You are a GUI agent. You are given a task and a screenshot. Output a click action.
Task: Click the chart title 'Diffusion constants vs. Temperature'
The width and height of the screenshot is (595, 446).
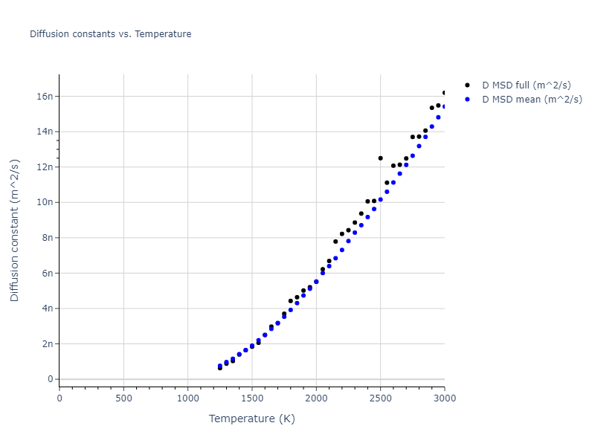(110, 34)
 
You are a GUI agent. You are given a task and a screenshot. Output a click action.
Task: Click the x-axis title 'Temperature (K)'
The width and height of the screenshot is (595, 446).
(251, 419)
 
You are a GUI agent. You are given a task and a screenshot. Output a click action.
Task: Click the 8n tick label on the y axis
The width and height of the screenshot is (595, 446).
(46, 238)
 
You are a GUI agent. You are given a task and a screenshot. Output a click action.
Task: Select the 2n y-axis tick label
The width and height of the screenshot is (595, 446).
(46, 344)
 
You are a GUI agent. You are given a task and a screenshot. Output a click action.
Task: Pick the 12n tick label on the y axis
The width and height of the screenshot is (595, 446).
(44, 167)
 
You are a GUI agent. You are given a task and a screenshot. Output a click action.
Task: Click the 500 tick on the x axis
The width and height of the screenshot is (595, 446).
(123, 398)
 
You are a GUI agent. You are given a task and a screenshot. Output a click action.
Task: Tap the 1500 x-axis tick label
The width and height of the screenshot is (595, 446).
(251, 398)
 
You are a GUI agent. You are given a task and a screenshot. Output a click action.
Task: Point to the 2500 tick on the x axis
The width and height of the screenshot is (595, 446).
(380, 398)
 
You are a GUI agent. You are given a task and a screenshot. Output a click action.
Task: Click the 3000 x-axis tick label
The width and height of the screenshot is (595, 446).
(444, 398)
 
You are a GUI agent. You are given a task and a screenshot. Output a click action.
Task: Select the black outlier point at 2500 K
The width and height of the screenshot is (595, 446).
(380, 158)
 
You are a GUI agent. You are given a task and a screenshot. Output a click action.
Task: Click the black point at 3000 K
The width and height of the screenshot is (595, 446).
(444, 93)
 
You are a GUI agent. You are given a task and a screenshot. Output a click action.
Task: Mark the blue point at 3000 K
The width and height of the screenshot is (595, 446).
(444, 106)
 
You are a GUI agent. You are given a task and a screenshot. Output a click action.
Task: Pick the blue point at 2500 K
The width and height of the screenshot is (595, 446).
(380, 199)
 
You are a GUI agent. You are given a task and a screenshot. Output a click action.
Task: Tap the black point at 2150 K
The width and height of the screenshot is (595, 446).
(335, 242)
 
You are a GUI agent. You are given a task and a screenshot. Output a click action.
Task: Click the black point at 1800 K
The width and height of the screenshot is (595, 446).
(290, 301)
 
